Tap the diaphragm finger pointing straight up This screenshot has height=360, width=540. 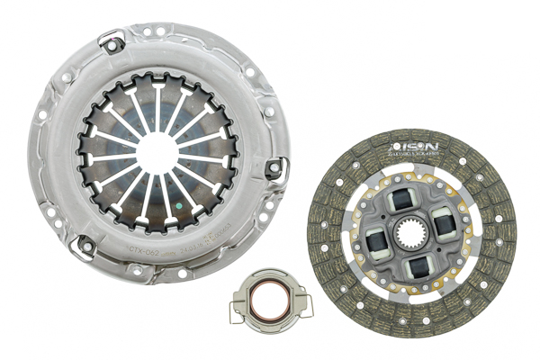[x=157, y=99]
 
